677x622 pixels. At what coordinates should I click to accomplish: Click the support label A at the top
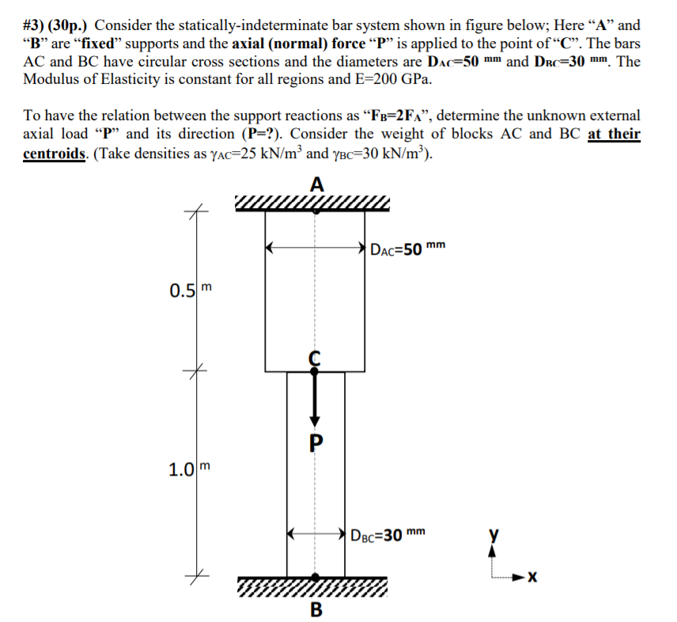(316, 185)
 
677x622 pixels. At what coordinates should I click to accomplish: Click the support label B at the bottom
(316, 610)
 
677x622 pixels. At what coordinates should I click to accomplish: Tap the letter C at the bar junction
(315, 357)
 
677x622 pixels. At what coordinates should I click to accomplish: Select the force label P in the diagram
(316, 442)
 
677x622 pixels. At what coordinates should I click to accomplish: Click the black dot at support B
(316, 578)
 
